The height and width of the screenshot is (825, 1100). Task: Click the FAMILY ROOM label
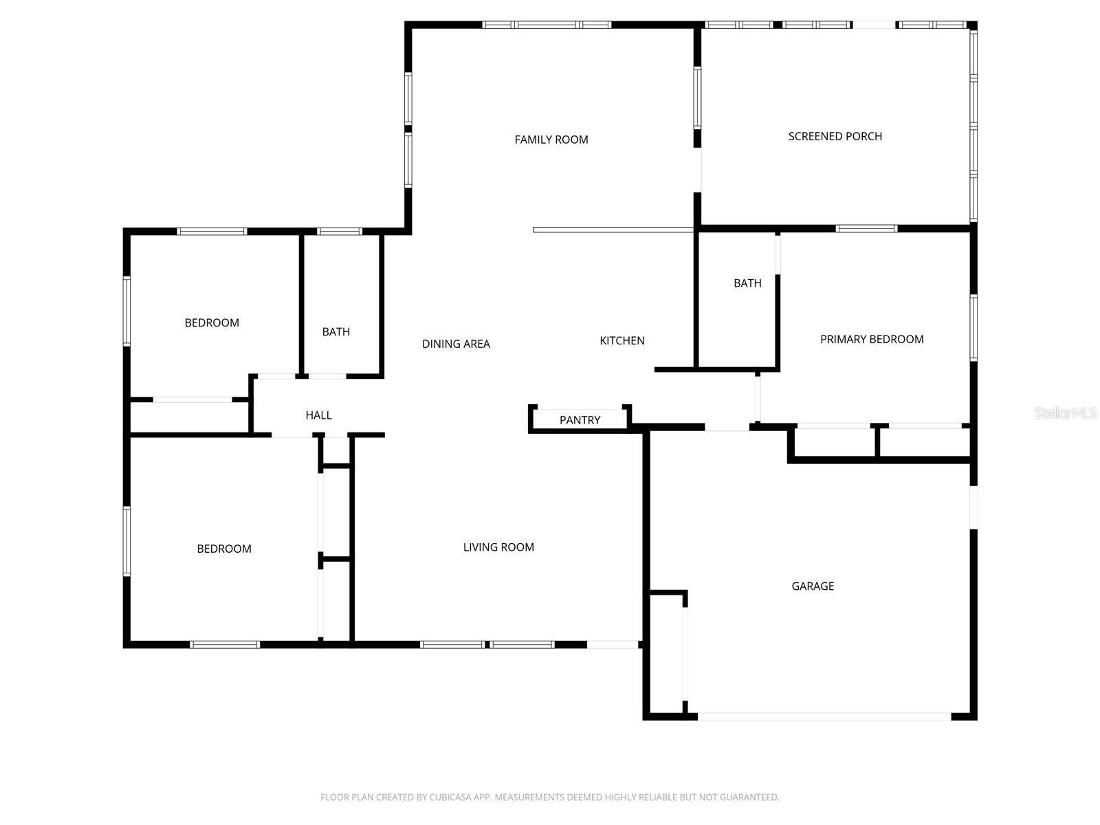click(x=551, y=140)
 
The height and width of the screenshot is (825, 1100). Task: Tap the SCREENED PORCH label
click(x=835, y=136)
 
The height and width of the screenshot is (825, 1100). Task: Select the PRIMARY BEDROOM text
click(x=872, y=339)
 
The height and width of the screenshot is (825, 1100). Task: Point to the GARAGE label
click(x=813, y=586)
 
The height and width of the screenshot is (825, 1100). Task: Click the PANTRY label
click(x=580, y=420)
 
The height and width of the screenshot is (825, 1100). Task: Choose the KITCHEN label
click(x=621, y=340)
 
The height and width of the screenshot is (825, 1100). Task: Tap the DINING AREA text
click(x=456, y=344)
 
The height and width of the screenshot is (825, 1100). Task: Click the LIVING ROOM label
click(x=498, y=547)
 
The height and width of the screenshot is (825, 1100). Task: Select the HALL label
click(x=318, y=415)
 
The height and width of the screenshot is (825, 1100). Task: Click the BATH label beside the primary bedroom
click(x=747, y=283)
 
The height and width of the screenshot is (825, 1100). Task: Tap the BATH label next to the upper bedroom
click(x=336, y=332)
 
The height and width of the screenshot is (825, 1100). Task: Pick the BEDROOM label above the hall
click(x=212, y=322)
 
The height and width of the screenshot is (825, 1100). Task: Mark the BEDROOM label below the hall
click(x=224, y=549)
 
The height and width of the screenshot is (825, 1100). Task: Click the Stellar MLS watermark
click(x=1065, y=412)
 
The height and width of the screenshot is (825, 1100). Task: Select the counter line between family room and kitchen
click(x=613, y=230)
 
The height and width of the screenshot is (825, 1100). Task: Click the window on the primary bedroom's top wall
click(x=866, y=228)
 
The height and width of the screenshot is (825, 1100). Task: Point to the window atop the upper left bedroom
click(x=212, y=231)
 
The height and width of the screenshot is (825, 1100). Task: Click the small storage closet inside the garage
click(x=665, y=653)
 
